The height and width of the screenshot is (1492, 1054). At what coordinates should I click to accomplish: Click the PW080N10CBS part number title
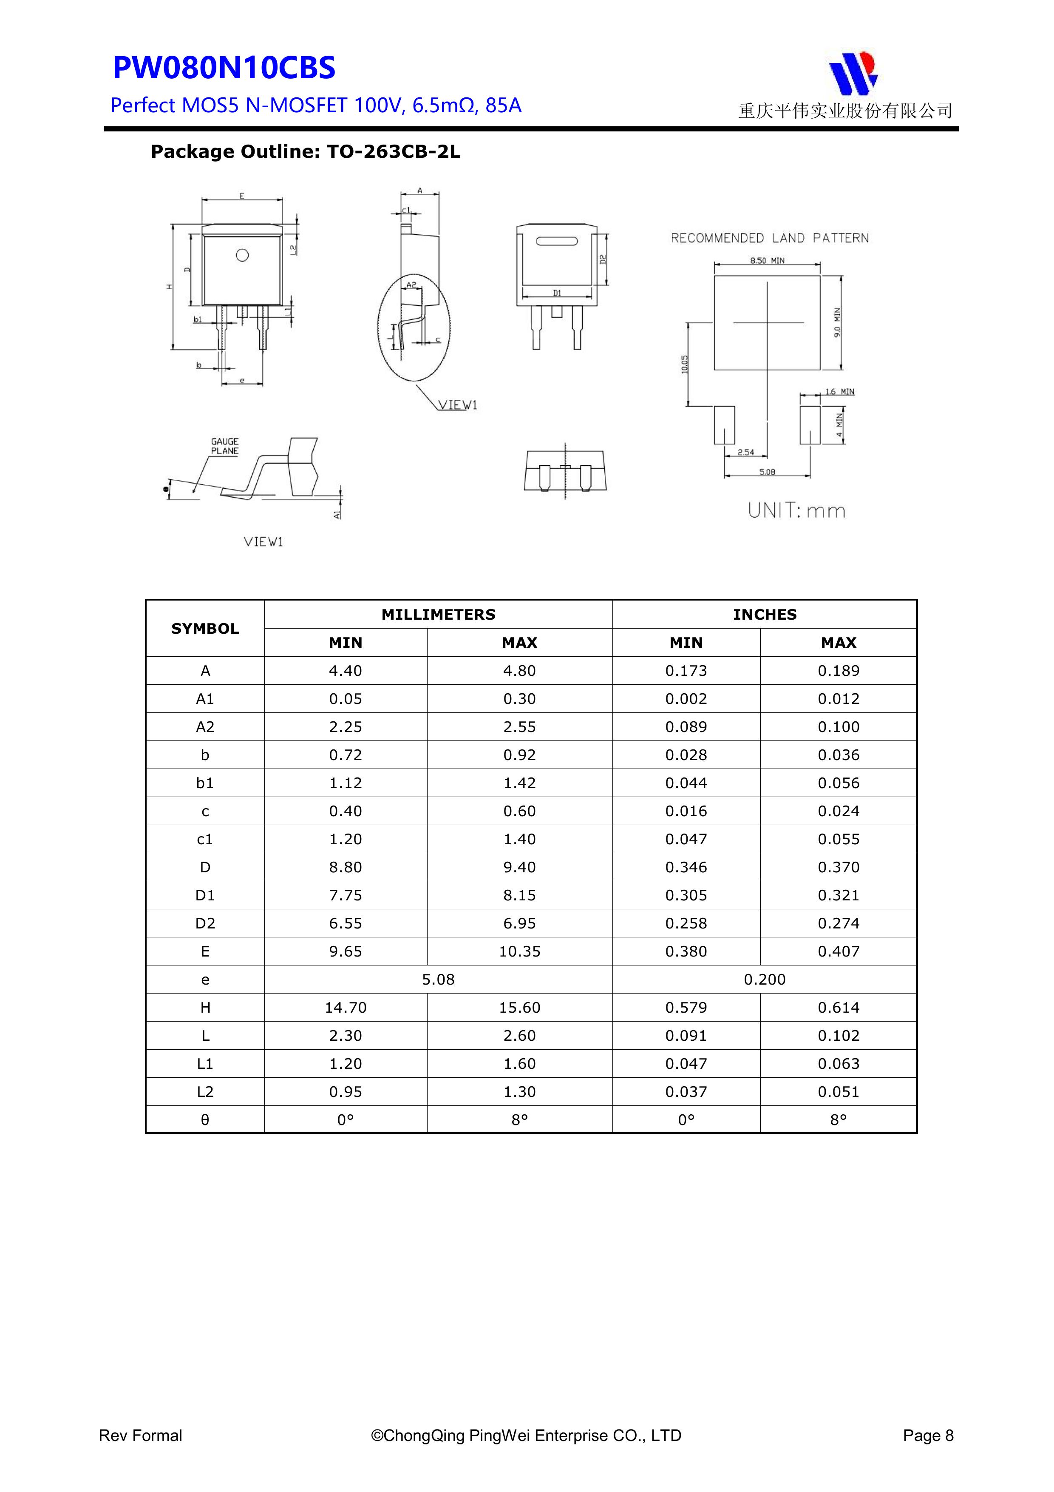coord(224,68)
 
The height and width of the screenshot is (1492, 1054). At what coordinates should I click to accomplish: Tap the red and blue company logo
coord(853,72)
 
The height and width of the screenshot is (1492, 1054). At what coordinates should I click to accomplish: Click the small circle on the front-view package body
coord(242,255)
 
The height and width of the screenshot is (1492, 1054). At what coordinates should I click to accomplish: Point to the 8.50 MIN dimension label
coord(767,261)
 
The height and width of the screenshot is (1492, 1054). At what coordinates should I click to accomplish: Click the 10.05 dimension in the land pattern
coord(685,364)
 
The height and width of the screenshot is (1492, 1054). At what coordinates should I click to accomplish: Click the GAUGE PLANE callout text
coord(225,447)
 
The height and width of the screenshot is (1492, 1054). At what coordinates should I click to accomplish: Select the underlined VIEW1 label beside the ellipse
coord(458,405)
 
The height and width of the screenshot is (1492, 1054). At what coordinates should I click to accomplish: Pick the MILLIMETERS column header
coord(438,615)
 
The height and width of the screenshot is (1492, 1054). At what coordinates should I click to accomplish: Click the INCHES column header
coord(764,615)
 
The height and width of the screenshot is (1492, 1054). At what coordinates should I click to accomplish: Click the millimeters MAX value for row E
coord(519,951)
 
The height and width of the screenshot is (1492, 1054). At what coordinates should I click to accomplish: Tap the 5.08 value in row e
coord(438,979)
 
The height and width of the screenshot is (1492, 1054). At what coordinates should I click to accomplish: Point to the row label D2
coord(205,923)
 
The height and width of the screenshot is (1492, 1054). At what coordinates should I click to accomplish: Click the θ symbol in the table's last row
coord(205,1120)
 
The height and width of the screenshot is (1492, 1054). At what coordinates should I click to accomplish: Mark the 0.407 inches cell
coord(839,951)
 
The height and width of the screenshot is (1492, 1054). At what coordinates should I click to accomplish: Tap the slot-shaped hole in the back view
coord(557,242)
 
